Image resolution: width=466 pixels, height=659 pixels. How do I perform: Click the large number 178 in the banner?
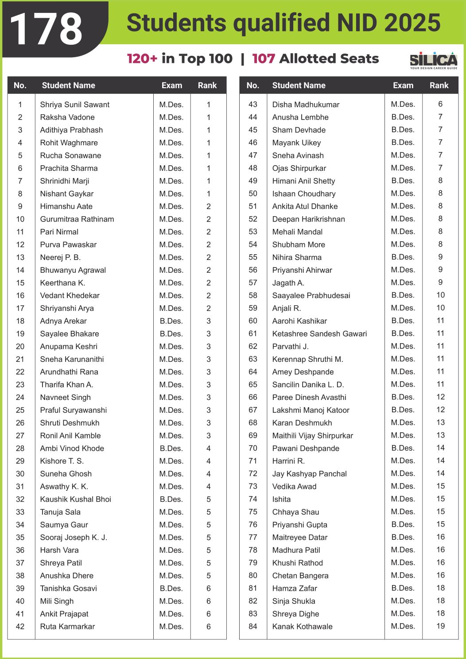[46, 29]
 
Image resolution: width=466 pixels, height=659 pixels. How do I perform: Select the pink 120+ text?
[142, 58]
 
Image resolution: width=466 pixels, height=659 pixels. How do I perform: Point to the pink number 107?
[264, 58]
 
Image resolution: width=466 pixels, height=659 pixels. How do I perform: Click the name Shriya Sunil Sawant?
[74, 105]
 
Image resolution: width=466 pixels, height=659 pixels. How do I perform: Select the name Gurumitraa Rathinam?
[77, 219]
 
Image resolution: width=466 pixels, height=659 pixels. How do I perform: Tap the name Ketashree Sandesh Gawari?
[319, 333]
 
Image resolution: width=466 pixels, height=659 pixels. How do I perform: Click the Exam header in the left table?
[172, 85]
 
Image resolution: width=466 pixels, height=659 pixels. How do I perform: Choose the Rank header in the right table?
[439, 85]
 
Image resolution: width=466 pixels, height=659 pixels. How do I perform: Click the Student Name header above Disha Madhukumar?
[299, 85]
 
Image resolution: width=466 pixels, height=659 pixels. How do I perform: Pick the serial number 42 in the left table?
[20, 627]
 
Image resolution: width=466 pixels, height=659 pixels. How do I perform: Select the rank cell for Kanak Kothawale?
[440, 626]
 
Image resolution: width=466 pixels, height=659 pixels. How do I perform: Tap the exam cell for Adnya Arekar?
[171, 321]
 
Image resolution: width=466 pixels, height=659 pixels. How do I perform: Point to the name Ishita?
[281, 499]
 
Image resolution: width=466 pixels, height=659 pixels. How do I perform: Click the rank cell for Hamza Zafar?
[440, 588]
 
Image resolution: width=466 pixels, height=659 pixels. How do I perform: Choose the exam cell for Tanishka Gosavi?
[171, 589]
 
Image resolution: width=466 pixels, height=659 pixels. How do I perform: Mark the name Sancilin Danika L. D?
[308, 385]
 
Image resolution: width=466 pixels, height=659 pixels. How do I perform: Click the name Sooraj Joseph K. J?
[74, 538]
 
